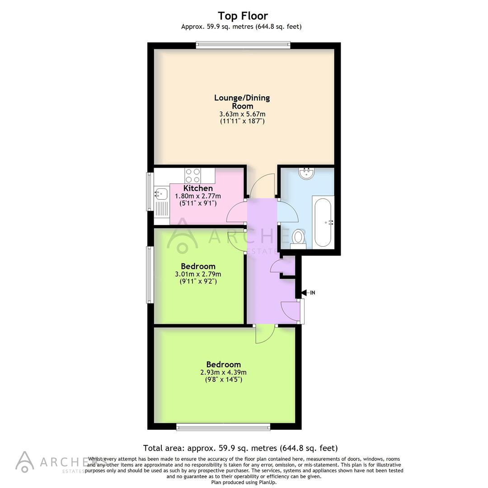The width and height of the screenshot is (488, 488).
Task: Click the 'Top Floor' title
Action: pyautogui.click(x=243, y=16)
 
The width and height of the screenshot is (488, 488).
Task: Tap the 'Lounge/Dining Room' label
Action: pyautogui.click(x=242, y=102)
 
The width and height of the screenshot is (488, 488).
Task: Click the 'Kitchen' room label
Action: pyautogui.click(x=198, y=188)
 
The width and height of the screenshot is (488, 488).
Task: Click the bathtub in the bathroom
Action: pyautogui.click(x=324, y=221)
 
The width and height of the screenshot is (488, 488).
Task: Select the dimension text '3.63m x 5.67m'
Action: pyautogui.click(x=242, y=114)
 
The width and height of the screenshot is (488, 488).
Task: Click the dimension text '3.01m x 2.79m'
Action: pyautogui.click(x=198, y=274)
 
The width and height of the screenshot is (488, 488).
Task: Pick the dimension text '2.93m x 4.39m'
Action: pyautogui.click(x=223, y=372)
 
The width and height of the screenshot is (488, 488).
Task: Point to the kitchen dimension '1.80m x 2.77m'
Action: pyautogui.click(x=198, y=196)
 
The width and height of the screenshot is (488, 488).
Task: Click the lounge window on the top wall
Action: pyautogui.click(x=243, y=45)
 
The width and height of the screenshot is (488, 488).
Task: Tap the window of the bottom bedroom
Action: pyautogui.click(x=223, y=426)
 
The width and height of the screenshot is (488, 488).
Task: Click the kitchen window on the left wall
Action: pyautogui.click(x=150, y=192)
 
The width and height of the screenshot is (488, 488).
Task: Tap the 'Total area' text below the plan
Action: pyautogui.click(x=240, y=448)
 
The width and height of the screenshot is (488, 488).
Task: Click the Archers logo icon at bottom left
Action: pyautogui.click(x=24, y=461)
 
